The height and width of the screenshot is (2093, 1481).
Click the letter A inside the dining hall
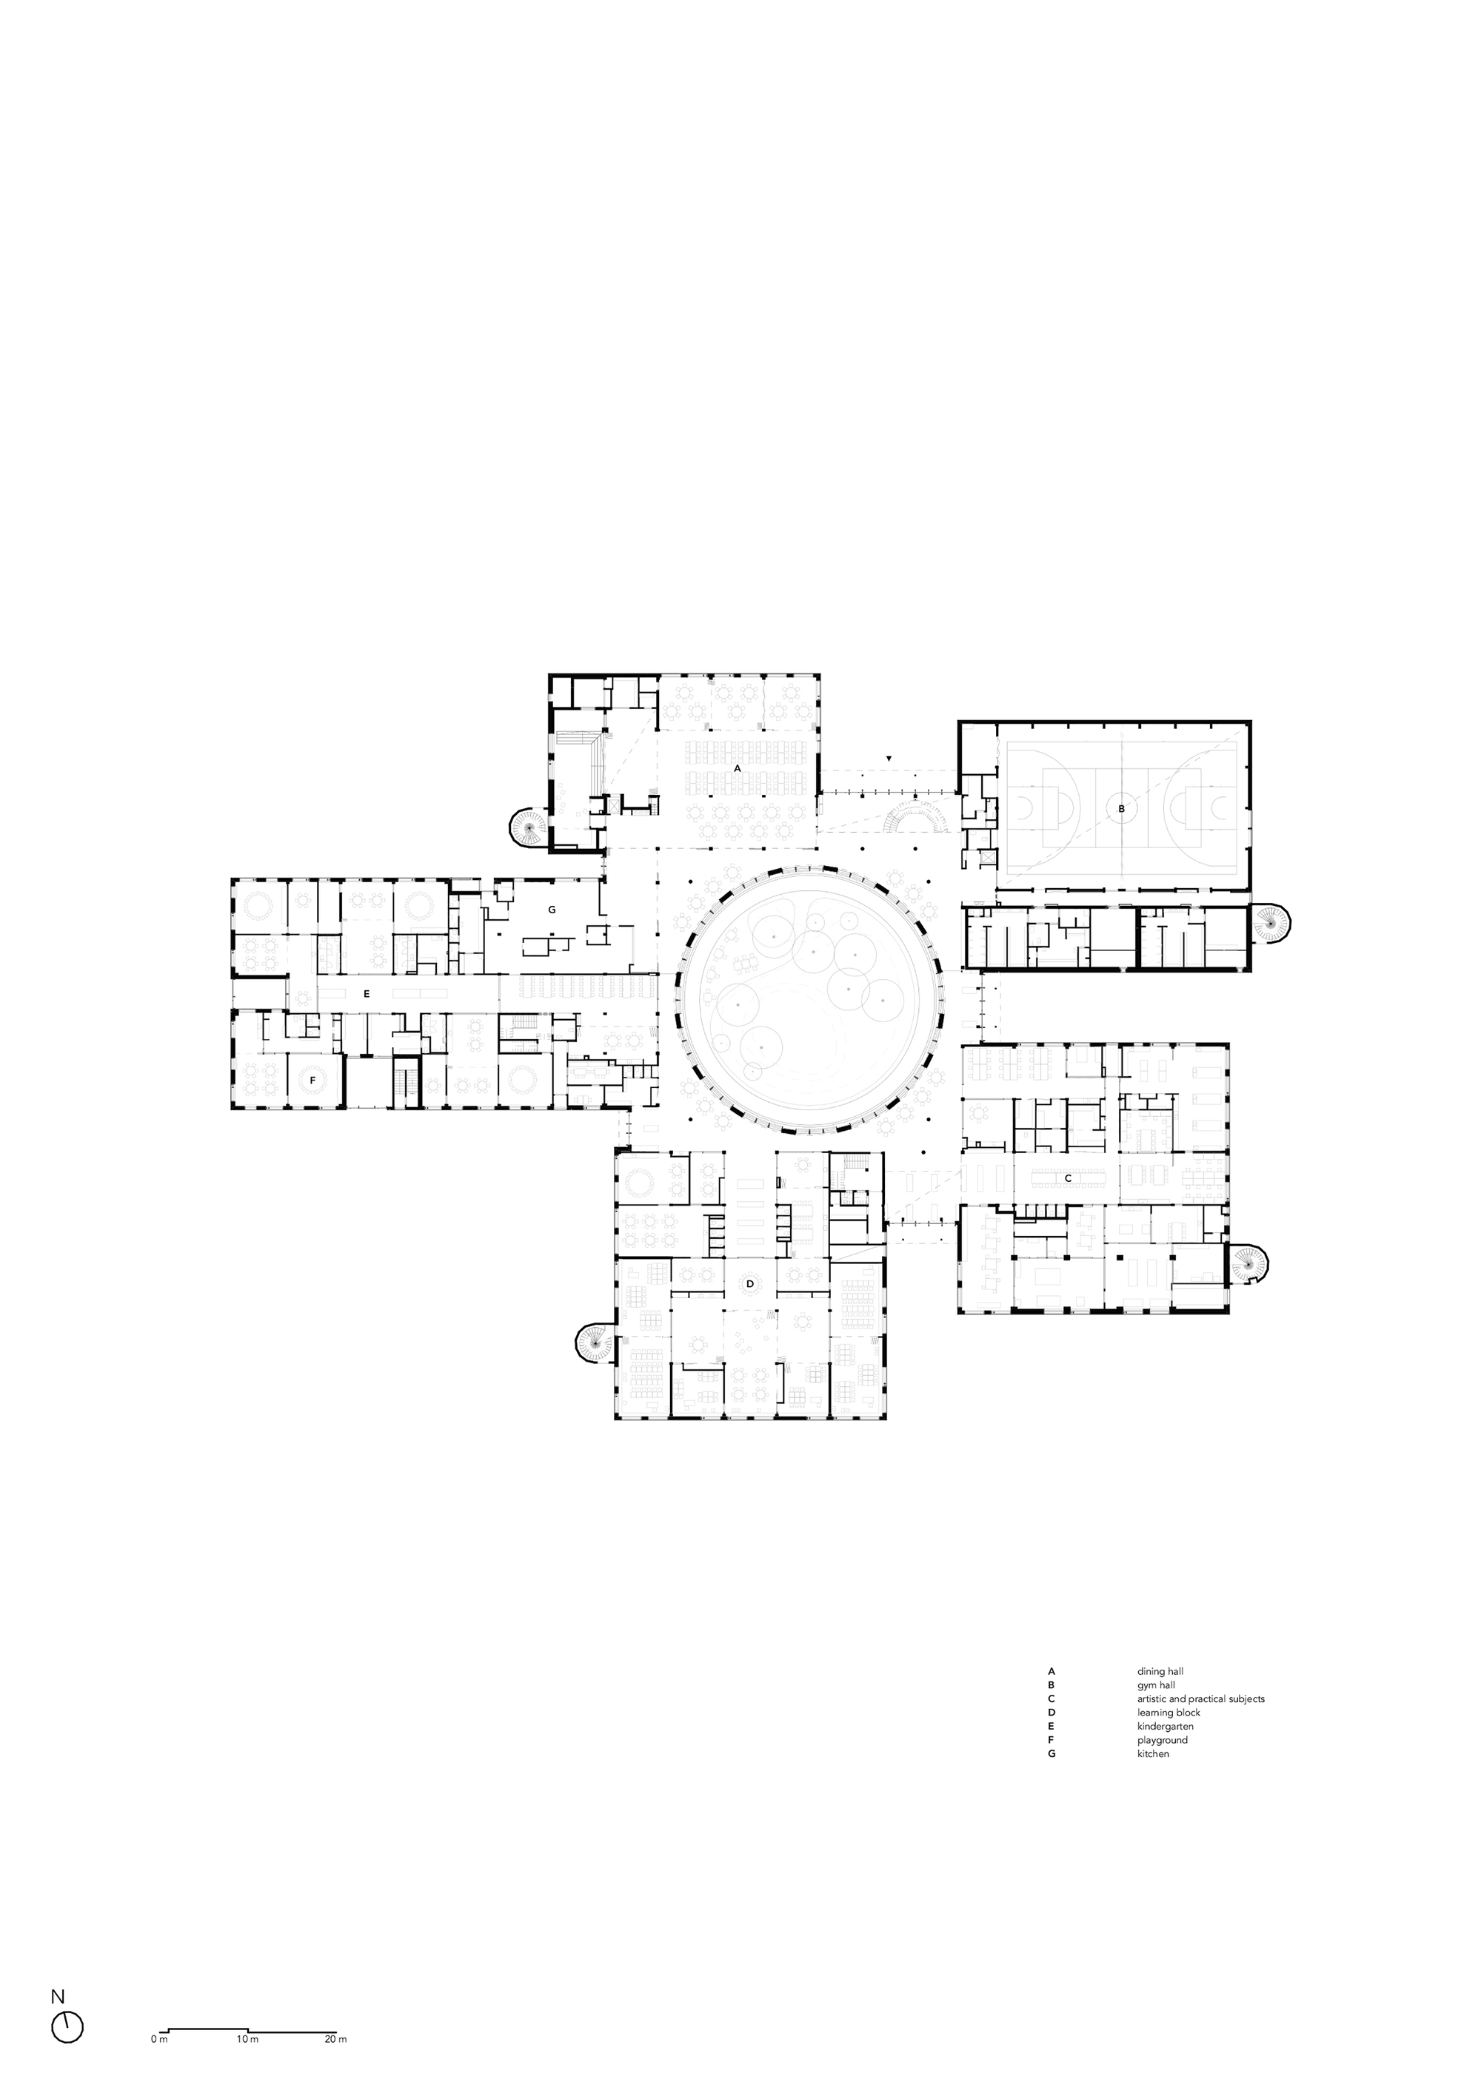point(737,768)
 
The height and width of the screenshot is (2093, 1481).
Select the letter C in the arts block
point(1067,1177)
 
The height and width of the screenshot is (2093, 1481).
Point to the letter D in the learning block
point(749,1283)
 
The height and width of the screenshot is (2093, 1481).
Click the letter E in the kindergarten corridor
point(366,994)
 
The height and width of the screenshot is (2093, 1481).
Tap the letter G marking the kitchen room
point(551,909)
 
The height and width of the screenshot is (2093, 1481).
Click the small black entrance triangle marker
point(889,759)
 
